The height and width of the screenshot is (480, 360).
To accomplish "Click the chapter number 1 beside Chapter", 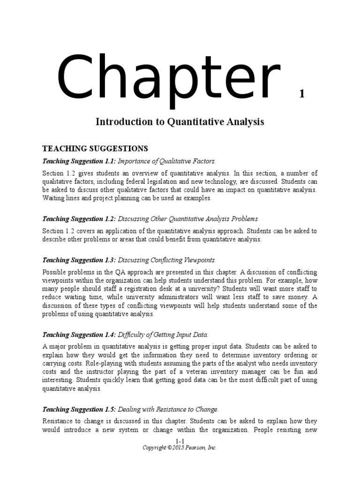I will (x=302, y=94).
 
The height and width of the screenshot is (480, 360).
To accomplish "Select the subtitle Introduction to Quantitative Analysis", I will (x=180, y=122).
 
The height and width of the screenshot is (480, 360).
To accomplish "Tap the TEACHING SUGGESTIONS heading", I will (x=95, y=149).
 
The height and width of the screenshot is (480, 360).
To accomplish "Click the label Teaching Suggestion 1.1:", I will (x=79, y=161).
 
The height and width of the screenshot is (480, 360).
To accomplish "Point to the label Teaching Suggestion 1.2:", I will (x=79, y=219).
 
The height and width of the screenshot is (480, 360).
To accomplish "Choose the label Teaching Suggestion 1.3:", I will (x=79, y=260).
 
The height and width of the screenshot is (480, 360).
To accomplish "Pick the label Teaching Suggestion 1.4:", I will (x=79, y=335).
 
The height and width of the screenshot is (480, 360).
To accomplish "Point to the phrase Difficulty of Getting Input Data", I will (x=162, y=335).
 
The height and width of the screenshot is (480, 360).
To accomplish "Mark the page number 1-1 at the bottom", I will (x=180, y=442).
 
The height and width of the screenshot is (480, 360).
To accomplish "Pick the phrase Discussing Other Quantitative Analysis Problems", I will (x=188, y=219).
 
